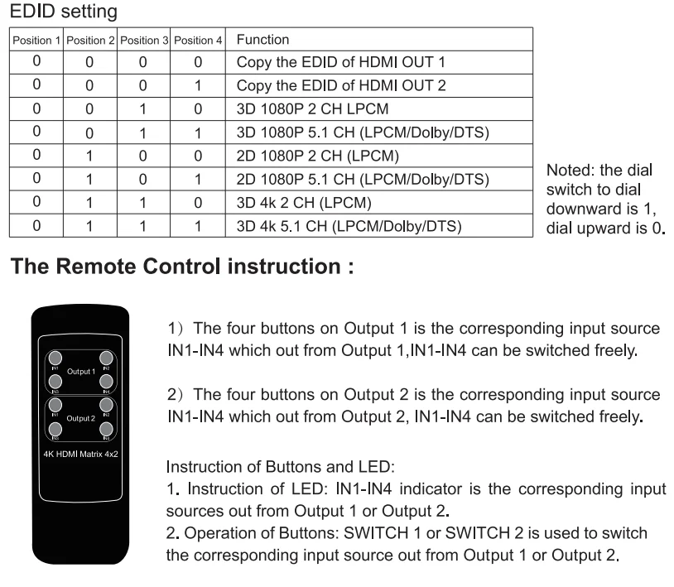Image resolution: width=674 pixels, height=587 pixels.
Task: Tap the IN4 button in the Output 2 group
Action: point(106,429)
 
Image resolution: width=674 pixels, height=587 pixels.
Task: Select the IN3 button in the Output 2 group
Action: point(53,429)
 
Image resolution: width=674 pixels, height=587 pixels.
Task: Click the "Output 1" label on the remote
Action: point(79,372)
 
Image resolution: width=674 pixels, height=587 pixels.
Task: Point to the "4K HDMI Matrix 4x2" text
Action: point(79,455)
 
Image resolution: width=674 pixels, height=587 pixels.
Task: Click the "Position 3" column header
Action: point(144,41)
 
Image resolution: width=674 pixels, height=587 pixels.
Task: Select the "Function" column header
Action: point(262,40)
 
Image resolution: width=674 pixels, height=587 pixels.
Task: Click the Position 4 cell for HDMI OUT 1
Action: point(198,62)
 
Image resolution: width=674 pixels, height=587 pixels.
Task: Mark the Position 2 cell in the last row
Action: point(89,224)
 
